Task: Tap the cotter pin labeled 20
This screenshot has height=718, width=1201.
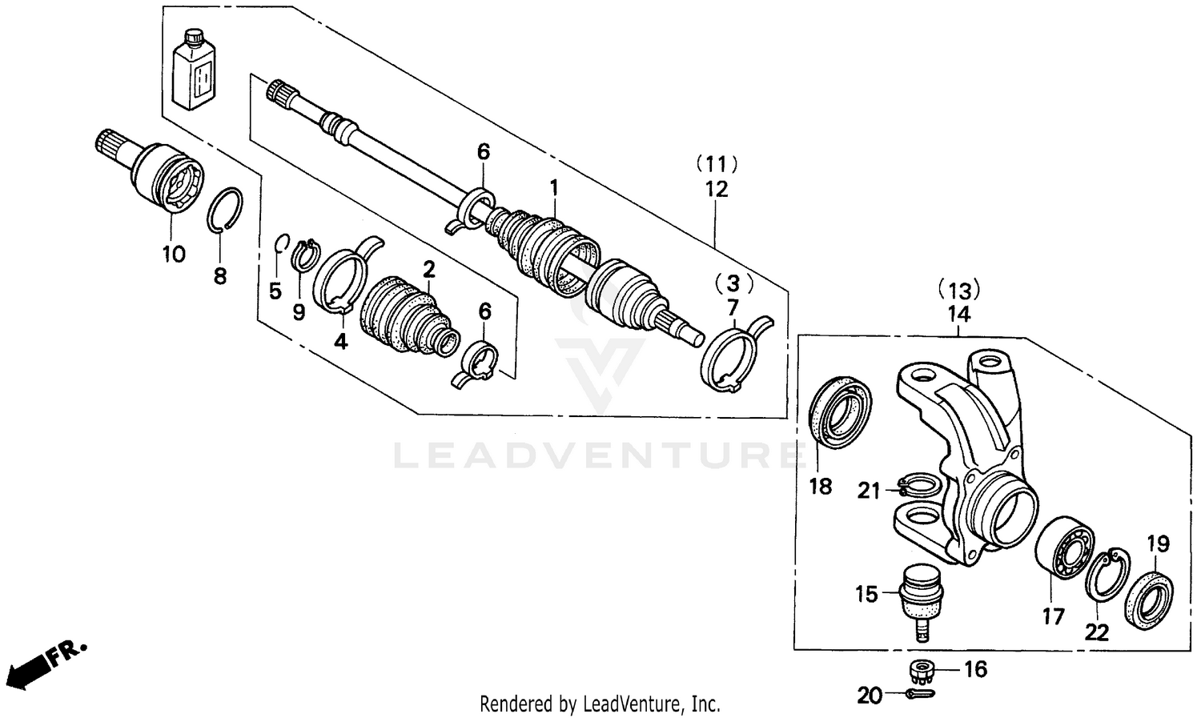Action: [x=917, y=694]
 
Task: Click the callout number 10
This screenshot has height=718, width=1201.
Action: [x=174, y=255]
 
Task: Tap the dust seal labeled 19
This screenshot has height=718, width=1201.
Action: [x=1151, y=597]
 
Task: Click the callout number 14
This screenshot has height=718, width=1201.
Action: [x=958, y=315]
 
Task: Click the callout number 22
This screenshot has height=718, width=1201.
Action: [x=1096, y=632]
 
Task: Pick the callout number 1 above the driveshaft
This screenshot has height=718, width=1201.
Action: [x=552, y=187]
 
